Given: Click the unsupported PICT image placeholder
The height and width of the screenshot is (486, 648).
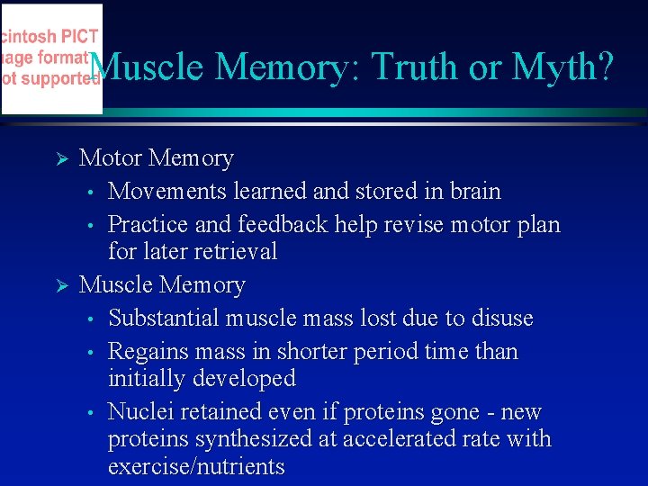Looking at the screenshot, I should point(51,59).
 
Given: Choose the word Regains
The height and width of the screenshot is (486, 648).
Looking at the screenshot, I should point(146,351).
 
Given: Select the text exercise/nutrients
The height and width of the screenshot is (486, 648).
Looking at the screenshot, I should point(196,467).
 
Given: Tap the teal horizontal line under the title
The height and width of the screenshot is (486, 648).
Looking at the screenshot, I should point(360,112).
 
